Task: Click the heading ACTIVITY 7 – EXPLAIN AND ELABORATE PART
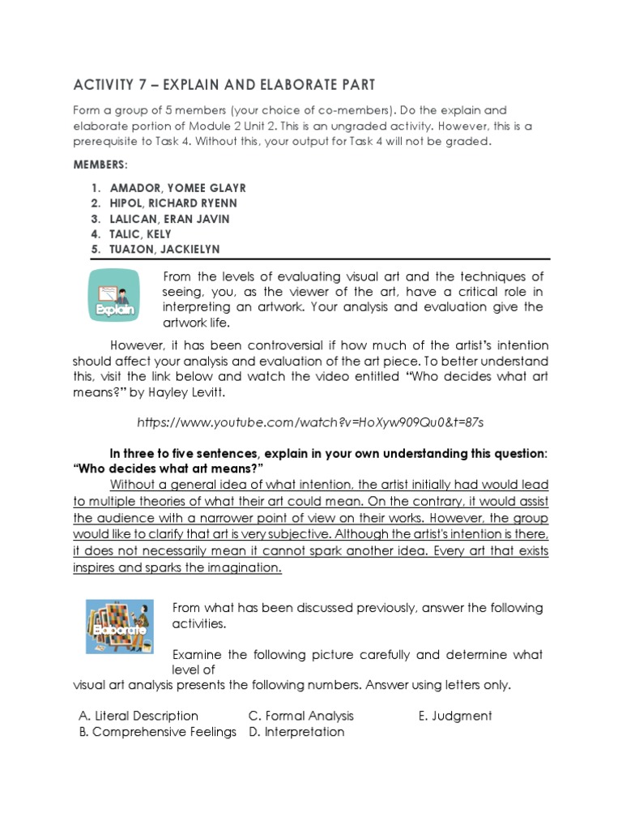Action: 224,84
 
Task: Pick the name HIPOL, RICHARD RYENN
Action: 173,203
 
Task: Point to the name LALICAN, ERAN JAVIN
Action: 170,219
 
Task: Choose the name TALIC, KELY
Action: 140,234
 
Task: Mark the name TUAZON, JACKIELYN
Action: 164,250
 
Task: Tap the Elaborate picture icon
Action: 120,627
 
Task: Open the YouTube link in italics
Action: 311,422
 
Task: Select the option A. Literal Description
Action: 138,716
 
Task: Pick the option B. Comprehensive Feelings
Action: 157,732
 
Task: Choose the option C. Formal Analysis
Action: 300,716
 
